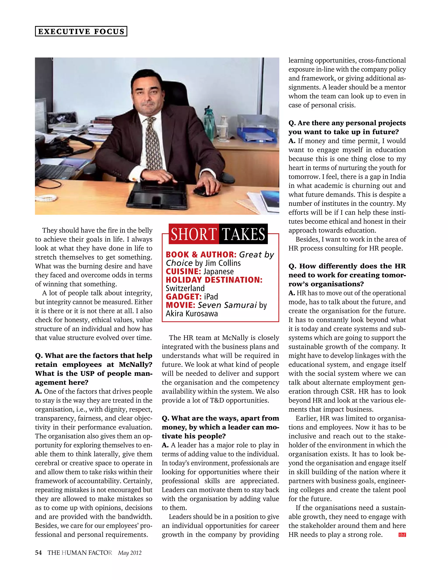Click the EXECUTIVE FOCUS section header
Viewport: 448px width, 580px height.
click(81, 31)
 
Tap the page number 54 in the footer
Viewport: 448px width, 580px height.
click(38, 553)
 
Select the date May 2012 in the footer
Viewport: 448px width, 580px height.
click(130, 553)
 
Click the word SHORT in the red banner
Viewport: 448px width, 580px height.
click(193, 234)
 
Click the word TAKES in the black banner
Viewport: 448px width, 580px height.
click(243, 234)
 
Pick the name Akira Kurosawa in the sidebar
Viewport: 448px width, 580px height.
click(192, 314)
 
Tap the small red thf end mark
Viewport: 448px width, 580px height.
click(402, 535)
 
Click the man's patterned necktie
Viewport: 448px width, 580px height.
click(153, 143)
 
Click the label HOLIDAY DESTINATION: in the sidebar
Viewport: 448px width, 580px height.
click(214, 280)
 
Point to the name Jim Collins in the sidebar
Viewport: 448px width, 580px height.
click(223, 263)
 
